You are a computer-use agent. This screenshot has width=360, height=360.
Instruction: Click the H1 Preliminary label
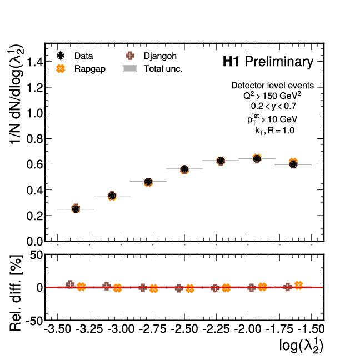pos(268,62)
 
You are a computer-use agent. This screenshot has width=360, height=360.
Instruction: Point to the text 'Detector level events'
pos(272,86)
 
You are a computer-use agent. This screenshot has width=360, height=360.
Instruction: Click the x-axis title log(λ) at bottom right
pos(301,346)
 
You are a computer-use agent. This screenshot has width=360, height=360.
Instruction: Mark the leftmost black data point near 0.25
pos(76,209)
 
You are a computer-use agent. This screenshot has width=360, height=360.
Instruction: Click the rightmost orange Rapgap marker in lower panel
pos(299,285)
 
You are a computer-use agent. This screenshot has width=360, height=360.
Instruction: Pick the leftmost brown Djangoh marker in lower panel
pos(71,284)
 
